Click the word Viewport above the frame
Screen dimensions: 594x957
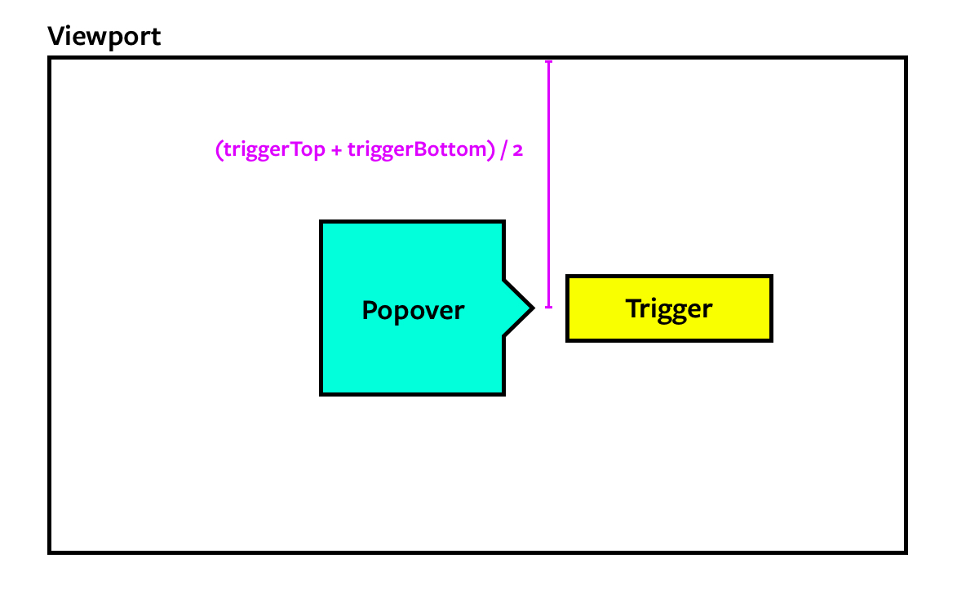pos(104,37)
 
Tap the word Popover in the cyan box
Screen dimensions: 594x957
pos(413,311)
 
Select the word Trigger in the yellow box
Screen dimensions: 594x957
pos(669,308)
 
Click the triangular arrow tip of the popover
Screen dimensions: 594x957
pos(532,308)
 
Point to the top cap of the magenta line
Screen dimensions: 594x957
pos(548,62)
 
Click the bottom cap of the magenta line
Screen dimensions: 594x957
pos(548,308)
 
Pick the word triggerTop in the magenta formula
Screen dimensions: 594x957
pos(275,151)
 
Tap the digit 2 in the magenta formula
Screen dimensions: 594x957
pos(517,152)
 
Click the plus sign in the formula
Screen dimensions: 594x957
pos(337,152)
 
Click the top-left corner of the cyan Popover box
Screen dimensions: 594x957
pos(321,222)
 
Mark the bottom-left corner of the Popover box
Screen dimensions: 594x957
pos(321,394)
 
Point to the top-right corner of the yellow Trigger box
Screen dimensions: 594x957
pos(770,277)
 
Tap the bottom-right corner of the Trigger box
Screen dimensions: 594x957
pos(770,339)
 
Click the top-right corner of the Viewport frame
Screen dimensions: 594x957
pos(905,59)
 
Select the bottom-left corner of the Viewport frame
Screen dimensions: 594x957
pos(51,552)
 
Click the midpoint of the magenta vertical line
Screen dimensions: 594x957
pos(548,184)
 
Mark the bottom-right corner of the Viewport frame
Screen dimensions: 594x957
pos(905,552)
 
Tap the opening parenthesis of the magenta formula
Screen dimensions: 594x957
pos(219,152)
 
